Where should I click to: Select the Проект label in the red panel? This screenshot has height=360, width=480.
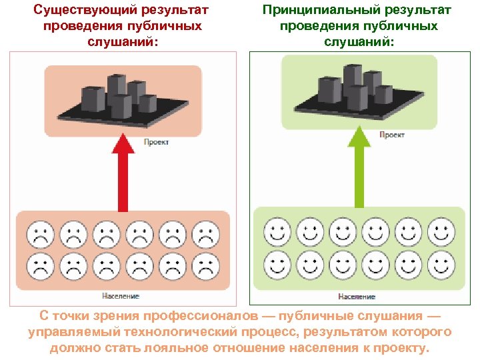[x=156, y=141]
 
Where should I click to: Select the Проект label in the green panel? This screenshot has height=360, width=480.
[x=391, y=135]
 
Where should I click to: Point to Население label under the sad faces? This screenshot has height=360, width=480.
[x=121, y=295]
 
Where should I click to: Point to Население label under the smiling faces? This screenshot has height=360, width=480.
[x=357, y=297]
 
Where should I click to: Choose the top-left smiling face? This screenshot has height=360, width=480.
[x=276, y=232]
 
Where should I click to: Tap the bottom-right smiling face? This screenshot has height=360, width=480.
[x=439, y=264]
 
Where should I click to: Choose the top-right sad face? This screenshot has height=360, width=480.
[x=205, y=235]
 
